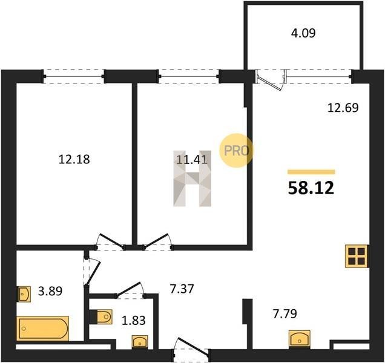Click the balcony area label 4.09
[x=303, y=33]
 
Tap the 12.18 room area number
[x=74, y=159]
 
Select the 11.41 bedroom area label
[x=192, y=160]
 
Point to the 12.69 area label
[x=343, y=108]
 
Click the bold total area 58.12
[x=311, y=188]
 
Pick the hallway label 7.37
[x=182, y=289]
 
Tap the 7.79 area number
[x=285, y=313]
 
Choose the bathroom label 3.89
[x=50, y=291]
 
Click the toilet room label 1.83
[x=134, y=320]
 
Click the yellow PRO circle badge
[x=236, y=151]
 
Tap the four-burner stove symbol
[x=356, y=256]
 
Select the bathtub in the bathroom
[x=42, y=329]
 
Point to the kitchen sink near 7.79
[x=299, y=339]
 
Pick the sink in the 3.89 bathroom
[x=24, y=294]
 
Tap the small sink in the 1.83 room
[x=140, y=342]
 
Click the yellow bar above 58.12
[x=311, y=172]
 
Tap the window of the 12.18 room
[x=74, y=76]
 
